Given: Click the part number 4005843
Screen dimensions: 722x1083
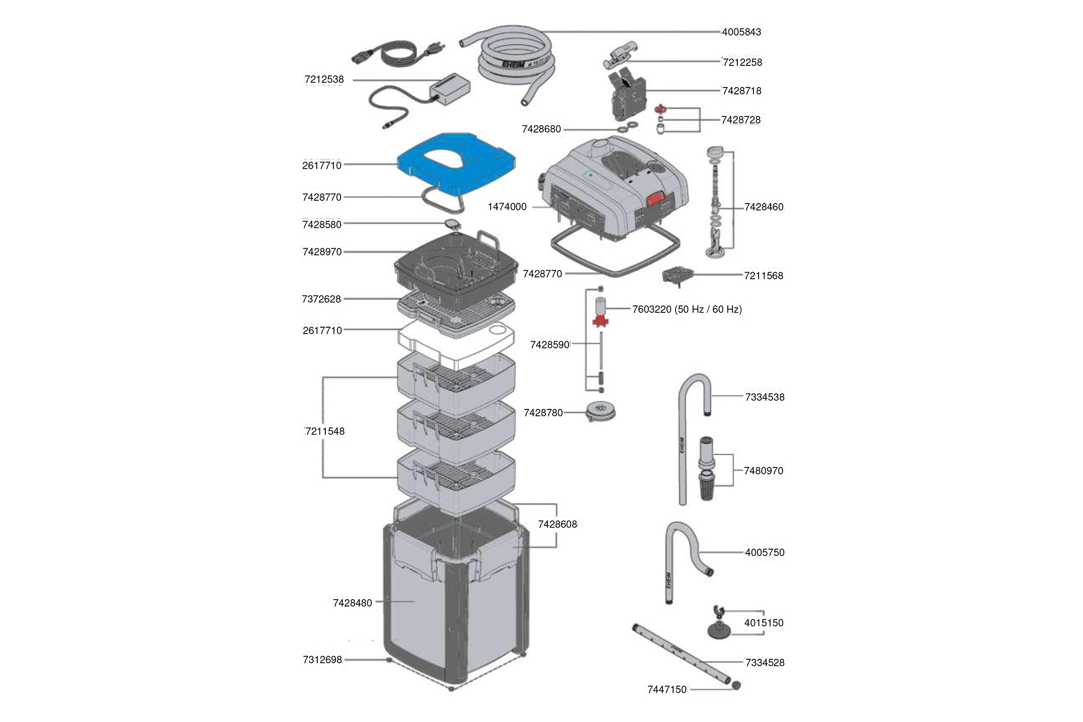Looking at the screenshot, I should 741,32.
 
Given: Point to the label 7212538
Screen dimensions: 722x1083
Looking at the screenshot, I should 324,80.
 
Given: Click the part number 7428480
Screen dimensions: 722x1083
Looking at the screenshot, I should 352,603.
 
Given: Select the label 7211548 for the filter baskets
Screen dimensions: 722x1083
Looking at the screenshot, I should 325,431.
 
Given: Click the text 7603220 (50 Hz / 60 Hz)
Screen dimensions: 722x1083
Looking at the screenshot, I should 686,310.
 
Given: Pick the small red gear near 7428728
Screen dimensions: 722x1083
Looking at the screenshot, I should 661,109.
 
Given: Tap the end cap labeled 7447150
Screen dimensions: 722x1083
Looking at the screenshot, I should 736,685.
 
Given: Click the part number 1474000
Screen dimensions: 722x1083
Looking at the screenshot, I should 507,207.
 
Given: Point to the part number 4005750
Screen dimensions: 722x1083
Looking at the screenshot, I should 764,552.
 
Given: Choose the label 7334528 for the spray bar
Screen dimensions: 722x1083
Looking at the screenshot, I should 765,662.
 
